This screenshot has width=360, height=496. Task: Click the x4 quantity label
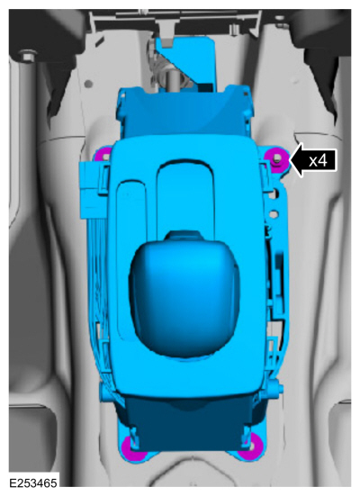point(318,161)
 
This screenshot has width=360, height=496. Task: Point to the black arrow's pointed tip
point(290,161)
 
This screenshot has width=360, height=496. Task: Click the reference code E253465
point(33,483)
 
